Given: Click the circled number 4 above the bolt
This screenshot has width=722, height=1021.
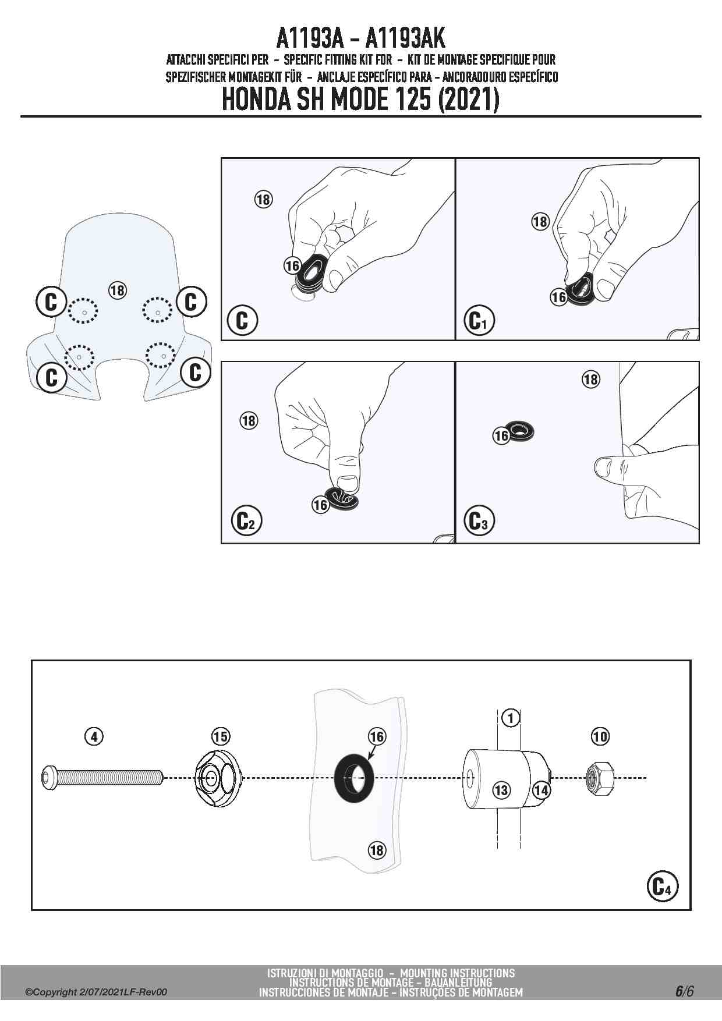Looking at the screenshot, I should click(x=94, y=736).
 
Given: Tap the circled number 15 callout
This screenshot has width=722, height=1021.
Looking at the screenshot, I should click(x=221, y=736).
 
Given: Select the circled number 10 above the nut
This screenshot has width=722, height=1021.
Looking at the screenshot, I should click(x=600, y=736).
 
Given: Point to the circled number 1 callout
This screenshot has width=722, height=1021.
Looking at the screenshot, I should click(x=511, y=718).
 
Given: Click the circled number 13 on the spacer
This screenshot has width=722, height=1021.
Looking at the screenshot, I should click(x=501, y=790).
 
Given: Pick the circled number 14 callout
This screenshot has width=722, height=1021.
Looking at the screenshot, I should click(x=541, y=790).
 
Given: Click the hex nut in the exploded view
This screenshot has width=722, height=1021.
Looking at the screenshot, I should click(x=600, y=777).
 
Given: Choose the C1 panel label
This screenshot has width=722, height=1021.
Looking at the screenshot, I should click(x=479, y=321).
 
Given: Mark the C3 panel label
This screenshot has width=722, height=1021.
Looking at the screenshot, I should click(x=479, y=521).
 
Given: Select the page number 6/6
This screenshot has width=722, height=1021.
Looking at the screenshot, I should click(x=685, y=991).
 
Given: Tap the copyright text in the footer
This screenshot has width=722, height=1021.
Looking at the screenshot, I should click(x=96, y=992).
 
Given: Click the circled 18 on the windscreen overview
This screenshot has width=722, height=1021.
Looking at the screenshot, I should click(x=118, y=290).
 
